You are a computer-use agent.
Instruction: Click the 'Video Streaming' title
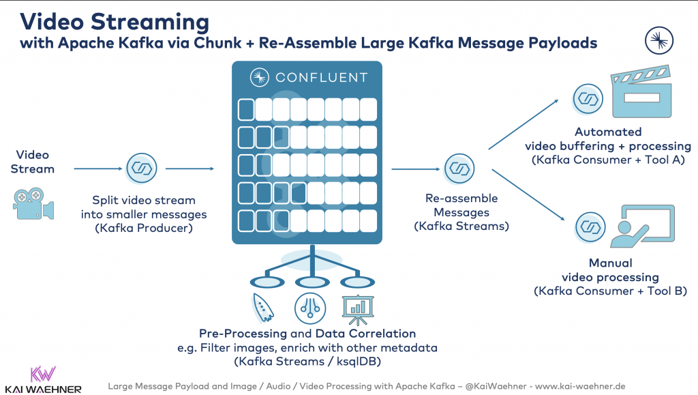[115, 20]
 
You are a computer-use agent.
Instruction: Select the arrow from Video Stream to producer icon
[97, 168]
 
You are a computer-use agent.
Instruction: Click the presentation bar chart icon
[358, 309]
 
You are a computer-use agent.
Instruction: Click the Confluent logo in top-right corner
[659, 41]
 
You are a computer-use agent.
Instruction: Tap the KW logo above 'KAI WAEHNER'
[43, 375]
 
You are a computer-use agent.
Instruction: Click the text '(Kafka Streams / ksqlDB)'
[307, 361]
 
